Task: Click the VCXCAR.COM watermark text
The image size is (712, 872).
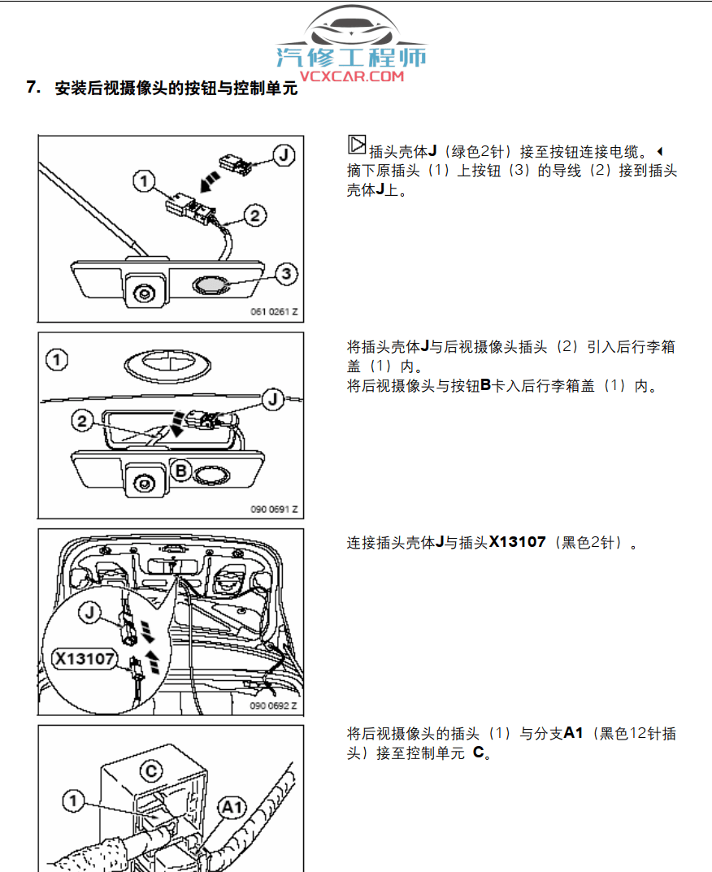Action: (351, 76)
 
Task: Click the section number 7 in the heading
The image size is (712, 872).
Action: (33, 88)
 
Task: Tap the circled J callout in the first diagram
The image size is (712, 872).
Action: (282, 154)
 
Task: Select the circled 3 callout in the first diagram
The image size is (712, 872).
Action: (284, 274)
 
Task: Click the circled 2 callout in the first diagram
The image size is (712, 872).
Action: (254, 215)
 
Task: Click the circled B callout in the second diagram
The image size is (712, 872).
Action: (182, 470)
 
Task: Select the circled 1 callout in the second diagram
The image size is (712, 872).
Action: (56, 358)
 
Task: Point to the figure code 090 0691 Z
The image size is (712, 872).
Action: (274, 510)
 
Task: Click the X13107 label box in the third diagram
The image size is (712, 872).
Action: (85, 657)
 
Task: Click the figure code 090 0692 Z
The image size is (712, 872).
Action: (274, 706)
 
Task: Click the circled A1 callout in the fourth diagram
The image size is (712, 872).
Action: (232, 807)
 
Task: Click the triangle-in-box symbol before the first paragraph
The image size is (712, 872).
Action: (356, 145)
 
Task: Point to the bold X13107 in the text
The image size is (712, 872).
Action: (517, 542)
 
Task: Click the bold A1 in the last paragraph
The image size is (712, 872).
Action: (575, 734)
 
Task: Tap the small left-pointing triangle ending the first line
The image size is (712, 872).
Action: (659, 151)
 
